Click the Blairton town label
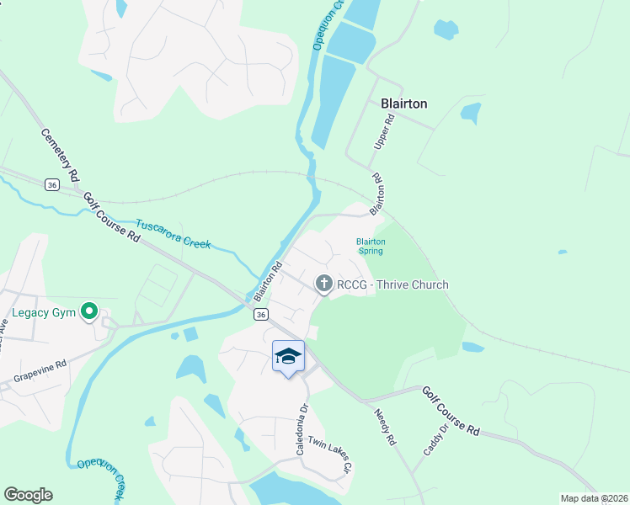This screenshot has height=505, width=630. point(404,104)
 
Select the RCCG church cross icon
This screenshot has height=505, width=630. point(324,284)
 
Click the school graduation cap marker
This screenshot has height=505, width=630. point(288,357)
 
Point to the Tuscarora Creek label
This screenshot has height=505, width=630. point(173,235)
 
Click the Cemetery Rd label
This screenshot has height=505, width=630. point(60,155)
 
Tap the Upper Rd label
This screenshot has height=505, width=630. point(384,134)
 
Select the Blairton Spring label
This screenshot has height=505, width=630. point(370,246)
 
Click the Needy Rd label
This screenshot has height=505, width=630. point(384,425)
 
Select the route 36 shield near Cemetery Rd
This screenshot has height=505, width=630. point(52,185)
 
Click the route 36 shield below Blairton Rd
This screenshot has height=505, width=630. point(261,314)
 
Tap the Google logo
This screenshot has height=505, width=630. point(28,494)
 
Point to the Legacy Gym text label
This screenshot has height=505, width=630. point(44,313)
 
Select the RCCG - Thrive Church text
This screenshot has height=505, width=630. point(392,284)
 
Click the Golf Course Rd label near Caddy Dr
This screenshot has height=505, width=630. point(451,411)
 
